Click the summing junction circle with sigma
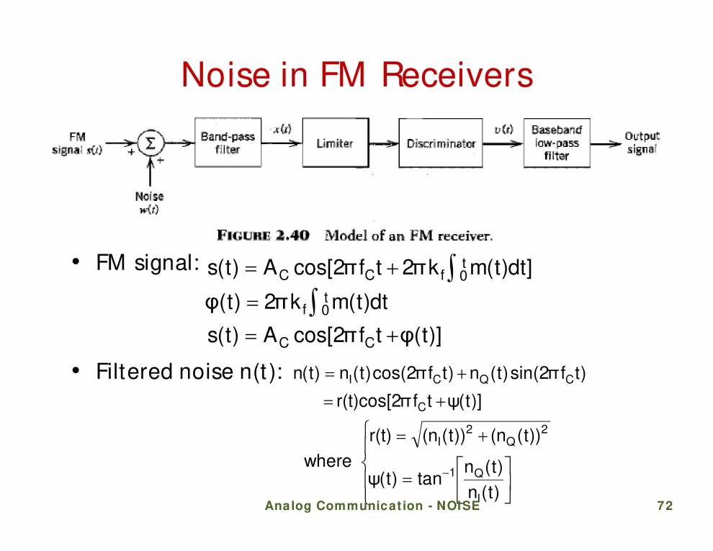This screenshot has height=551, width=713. (x=150, y=143)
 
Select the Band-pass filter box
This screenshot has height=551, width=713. (x=228, y=143)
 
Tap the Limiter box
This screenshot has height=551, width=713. (x=334, y=143)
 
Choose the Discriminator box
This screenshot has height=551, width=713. (x=441, y=143)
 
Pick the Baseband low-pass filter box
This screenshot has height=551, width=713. (x=556, y=143)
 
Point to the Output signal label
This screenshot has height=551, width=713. (x=641, y=143)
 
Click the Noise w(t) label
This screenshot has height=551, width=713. (x=149, y=202)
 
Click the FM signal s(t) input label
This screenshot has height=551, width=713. (x=76, y=143)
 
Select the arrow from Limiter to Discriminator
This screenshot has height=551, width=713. (x=383, y=143)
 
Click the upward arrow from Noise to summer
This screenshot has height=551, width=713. (x=150, y=172)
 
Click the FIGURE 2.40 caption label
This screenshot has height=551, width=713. (x=263, y=236)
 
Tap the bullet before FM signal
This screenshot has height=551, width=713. (x=74, y=263)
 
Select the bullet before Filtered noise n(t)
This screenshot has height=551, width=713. (x=74, y=372)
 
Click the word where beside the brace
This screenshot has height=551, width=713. (x=328, y=461)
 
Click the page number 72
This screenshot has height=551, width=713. (x=665, y=506)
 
